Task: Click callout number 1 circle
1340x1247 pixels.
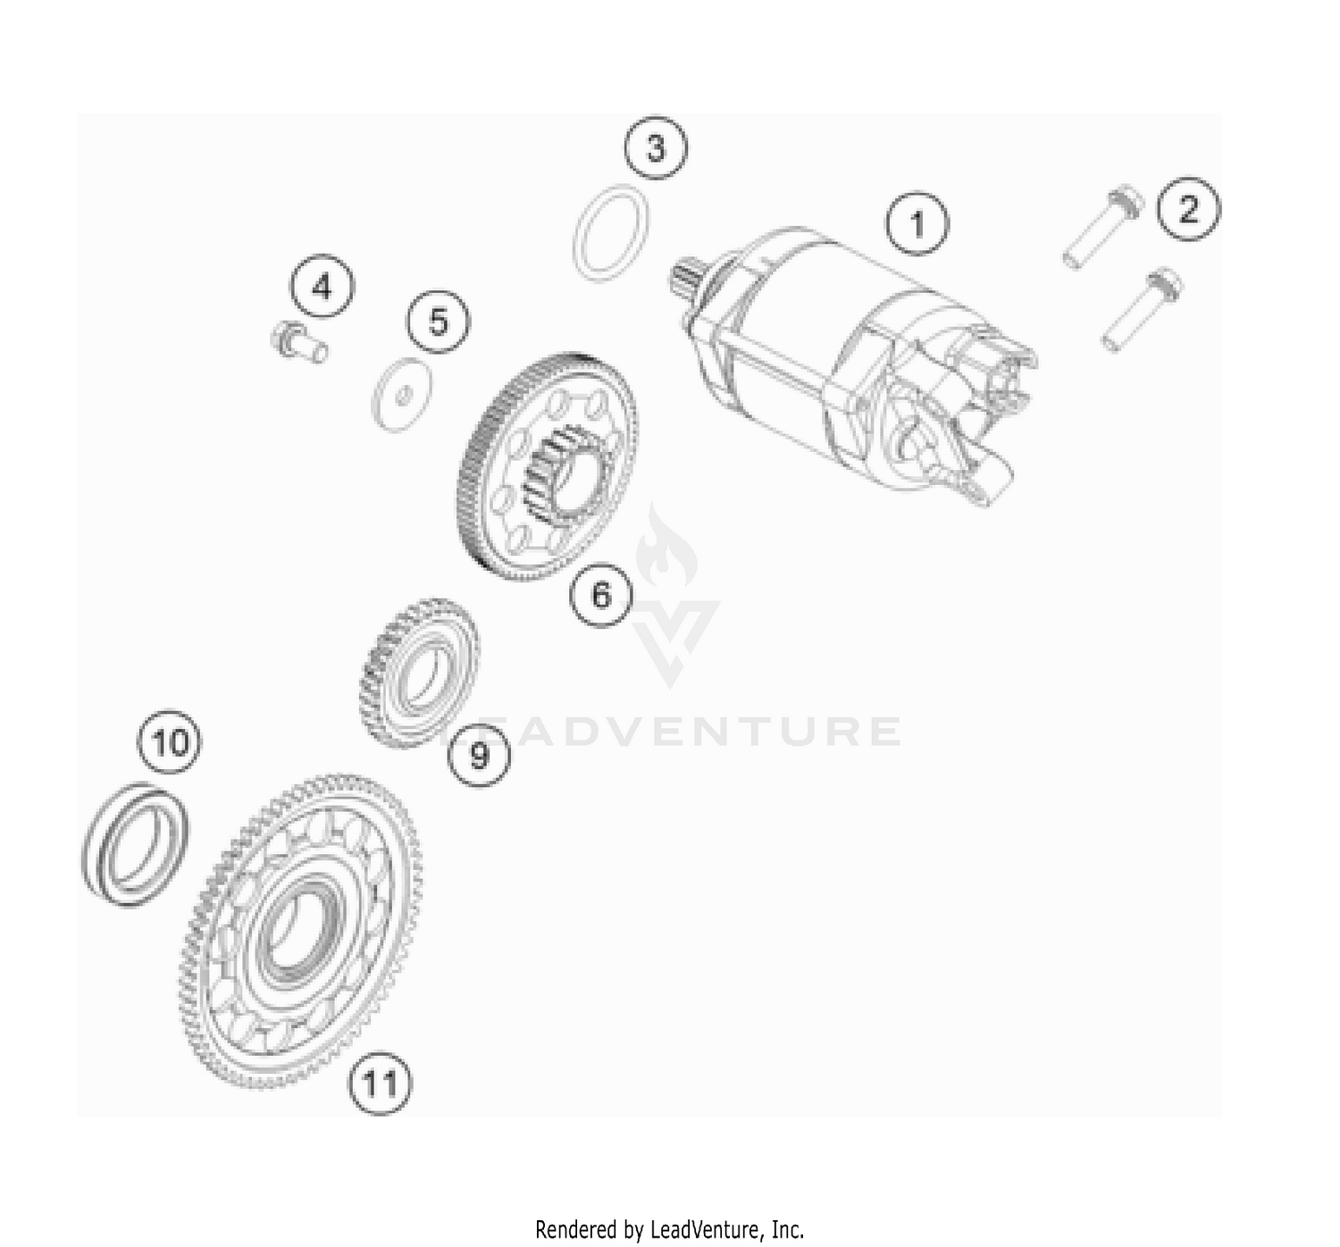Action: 917,222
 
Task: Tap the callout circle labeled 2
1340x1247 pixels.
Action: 1188,209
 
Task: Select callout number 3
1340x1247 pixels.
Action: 657,147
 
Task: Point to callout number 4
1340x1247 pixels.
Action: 322,288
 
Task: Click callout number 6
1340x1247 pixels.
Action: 601,593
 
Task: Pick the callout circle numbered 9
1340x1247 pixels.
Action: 480,756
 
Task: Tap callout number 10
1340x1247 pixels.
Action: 170,742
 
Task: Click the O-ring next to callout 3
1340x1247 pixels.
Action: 611,233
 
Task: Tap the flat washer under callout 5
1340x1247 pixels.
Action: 401,394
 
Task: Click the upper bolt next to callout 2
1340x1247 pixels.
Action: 1102,227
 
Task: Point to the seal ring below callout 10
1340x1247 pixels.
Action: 136,844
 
